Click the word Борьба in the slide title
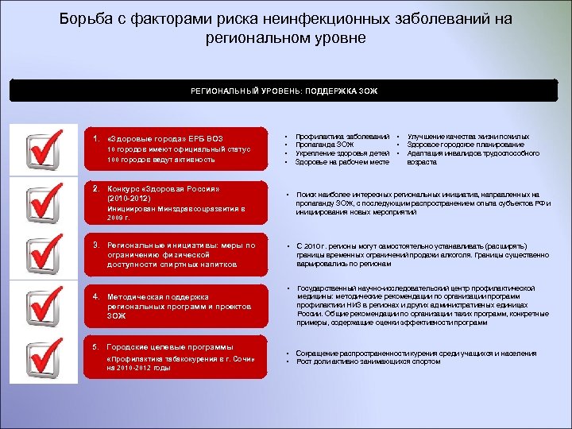pyautogui.click(x=86, y=18)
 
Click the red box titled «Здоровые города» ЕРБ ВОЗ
pyautogui.click(x=175, y=149)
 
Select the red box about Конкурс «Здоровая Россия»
pyautogui.click(x=175, y=202)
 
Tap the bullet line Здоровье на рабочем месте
pyautogui.click(x=342, y=161)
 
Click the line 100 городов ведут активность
pyautogui.click(x=160, y=160)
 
